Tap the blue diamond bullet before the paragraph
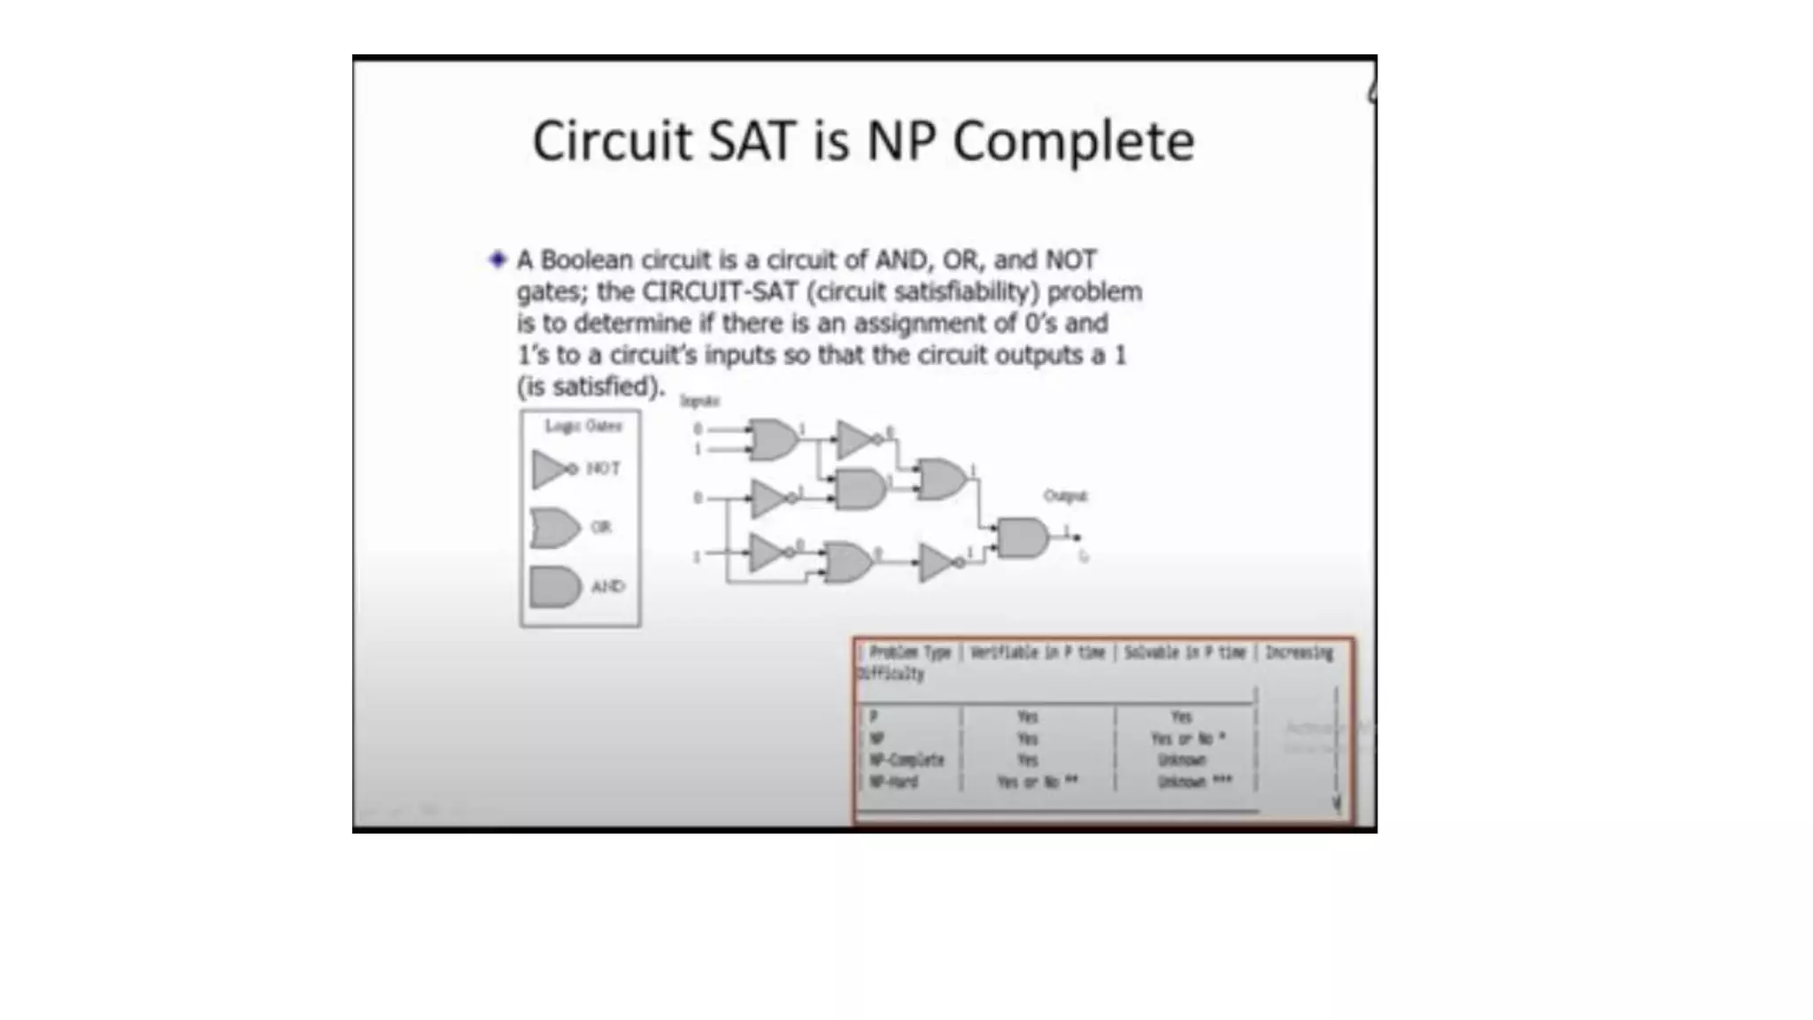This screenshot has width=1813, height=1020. tap(498, 259)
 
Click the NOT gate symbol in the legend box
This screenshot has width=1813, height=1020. tap(553, 468)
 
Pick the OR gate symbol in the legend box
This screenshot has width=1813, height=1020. tap(555, 528)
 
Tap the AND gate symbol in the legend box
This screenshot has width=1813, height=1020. tap(555, 587)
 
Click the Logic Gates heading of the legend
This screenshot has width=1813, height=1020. tap(583, 426)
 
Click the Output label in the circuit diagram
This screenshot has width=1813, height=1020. tap(1065, 496)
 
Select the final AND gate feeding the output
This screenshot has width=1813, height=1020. tap(1022, 538)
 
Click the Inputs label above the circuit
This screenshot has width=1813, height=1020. tap(699, 401)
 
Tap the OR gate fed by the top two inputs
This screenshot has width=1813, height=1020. tap(773, 439)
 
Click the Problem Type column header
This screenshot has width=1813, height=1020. tap(909, 653)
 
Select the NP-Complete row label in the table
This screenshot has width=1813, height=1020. tap(906, 760)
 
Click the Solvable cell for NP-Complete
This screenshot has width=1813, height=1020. tap(1182, 760)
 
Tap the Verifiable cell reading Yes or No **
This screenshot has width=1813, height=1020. tap(1037, 782)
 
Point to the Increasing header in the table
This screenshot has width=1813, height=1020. tap(1299, 653)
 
